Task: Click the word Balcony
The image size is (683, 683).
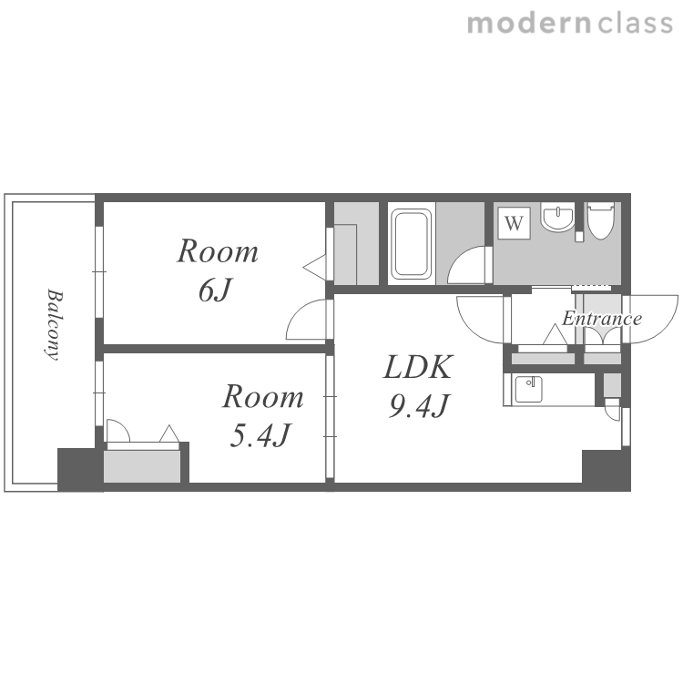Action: tap(55, 324)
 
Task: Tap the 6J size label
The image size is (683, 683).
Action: tap(216, 291)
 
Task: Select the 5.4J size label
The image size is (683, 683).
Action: tap(260, 435)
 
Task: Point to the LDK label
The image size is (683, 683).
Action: tap(419, 367)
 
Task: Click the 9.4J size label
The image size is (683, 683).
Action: tap(419, 406)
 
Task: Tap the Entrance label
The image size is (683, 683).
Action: tap(602, 319)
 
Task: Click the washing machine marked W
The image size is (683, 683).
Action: tap(514, 223)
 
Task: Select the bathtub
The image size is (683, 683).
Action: tap(411, 244)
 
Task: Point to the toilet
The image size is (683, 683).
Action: tap(600, 220)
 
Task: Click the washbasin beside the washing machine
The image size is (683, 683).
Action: tap(557, 219)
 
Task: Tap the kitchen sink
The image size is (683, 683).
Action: tap(529, 390)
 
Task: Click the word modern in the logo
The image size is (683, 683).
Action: tap(529, 24)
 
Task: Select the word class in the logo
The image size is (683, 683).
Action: tap(635, 24)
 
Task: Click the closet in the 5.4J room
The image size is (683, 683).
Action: tap(142, 466)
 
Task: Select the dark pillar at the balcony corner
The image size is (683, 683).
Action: tap(78, 470)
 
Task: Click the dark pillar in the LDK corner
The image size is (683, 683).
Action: tap(606, 470)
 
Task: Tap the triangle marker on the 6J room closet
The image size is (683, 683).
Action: tap(314, 268)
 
